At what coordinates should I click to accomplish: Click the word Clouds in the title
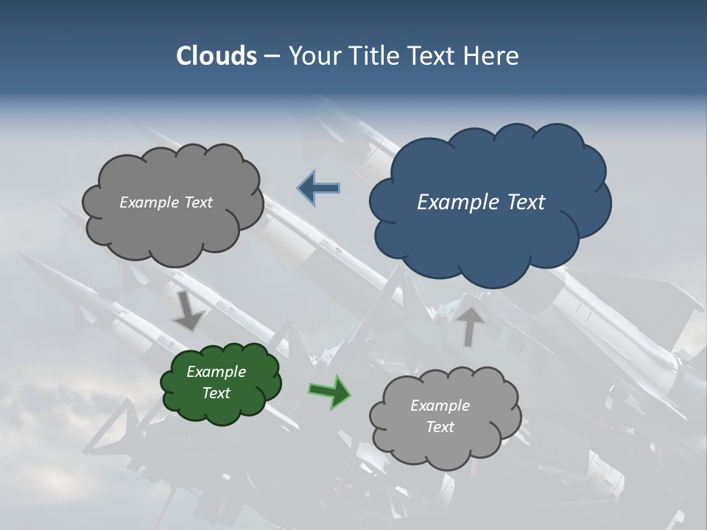(x=216, y=56)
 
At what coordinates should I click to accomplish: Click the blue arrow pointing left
(x=319, y=188)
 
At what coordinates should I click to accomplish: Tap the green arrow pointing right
(x=330, y=391)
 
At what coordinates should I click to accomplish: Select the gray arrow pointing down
(x=189, y=311)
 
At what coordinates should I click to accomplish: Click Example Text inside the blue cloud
(x=481, y=202)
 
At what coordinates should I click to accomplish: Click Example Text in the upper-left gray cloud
(x=166, y=202)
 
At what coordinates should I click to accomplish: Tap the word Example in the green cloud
(x=216, y=372)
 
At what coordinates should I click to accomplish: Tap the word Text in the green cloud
(x=216, y=393)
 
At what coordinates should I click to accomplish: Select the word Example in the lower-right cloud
(x=440, y=406)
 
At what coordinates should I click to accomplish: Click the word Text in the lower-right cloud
(x=440, y=427)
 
